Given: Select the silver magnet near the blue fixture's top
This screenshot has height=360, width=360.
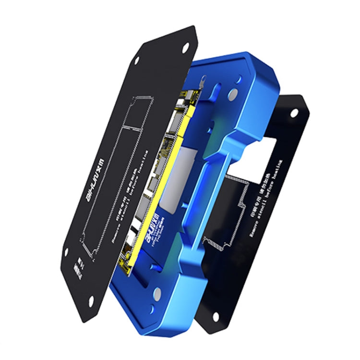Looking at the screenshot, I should point(234,94).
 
